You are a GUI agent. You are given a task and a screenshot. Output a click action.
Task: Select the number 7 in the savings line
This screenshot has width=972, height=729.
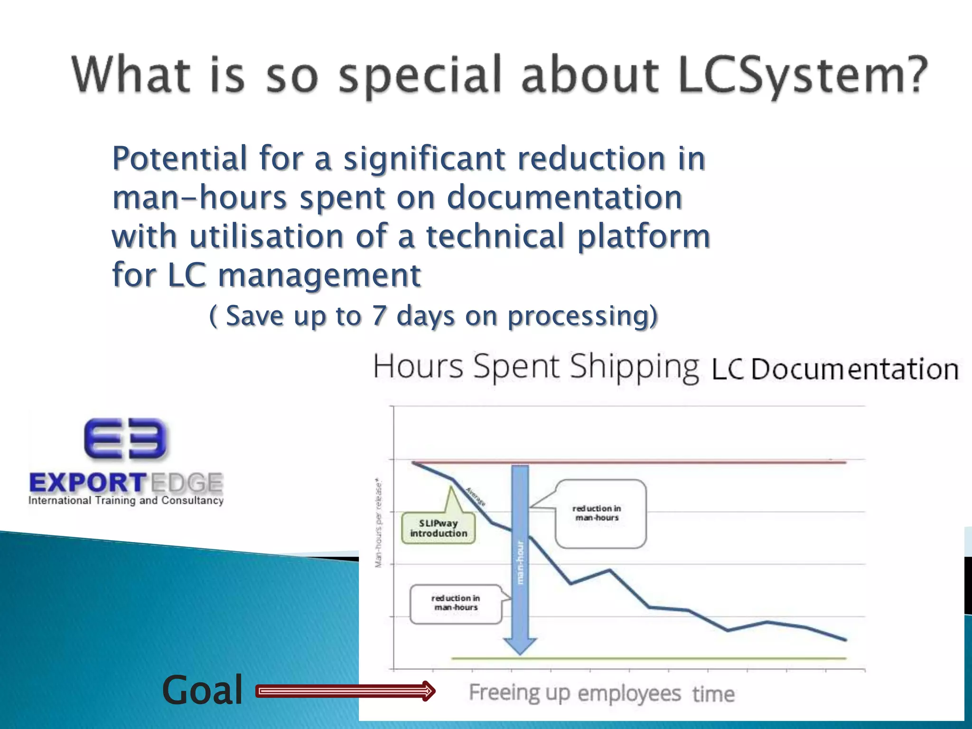click(x=378, y=316)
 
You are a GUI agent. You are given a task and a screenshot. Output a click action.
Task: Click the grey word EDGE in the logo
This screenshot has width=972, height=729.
click(x=187, y=483)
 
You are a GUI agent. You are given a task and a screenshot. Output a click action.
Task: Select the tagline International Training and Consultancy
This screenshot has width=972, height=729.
click(x=126, y=500)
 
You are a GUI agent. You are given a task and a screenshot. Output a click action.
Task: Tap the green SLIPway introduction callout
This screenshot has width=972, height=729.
click(x=439, y=528)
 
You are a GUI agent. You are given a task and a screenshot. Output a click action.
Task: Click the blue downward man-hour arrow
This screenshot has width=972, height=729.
click(x=521, y=560)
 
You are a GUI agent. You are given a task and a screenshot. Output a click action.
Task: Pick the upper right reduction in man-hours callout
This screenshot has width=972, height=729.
click(x=600, y=514)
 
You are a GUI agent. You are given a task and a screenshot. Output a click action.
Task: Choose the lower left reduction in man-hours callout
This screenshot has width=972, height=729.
click(x=456, y=603)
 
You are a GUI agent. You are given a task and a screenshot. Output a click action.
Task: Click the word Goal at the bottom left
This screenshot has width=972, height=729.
click(x=202, y=690)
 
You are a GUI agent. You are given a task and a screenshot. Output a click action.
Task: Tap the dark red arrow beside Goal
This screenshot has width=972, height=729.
click(x=346, y=691)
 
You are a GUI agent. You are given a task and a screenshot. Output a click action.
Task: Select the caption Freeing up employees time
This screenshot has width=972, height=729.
click(x=601, y=693)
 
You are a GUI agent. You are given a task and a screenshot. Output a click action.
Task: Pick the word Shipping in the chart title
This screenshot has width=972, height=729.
click(x=634, y=367)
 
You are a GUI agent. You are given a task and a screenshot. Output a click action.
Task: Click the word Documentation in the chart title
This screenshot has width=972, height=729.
click(x=854, y=369)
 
